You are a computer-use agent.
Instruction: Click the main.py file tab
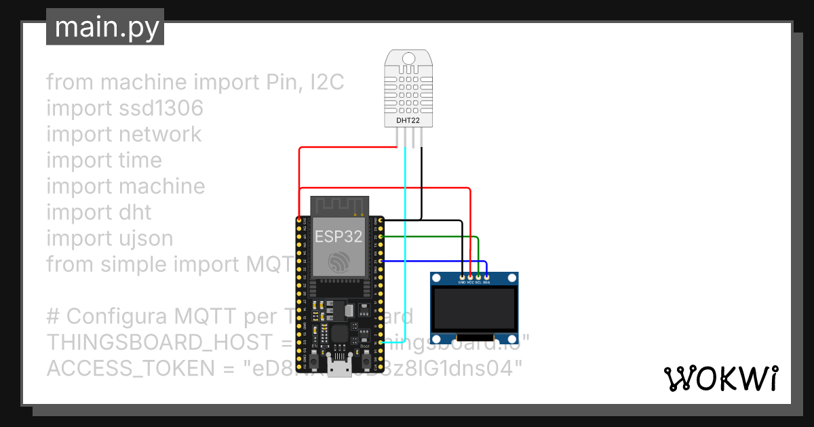pyautogui.click(x=105, y=27)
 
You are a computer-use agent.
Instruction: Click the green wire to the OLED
pyautogui.click(x=434, y=237)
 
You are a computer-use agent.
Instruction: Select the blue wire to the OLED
pyautogui.click(x=434, y=261)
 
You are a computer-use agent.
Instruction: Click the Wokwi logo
pyautogui.click(x=721, y=378)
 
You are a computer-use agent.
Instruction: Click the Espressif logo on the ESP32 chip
pyautogui.click(x=338, y=262)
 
